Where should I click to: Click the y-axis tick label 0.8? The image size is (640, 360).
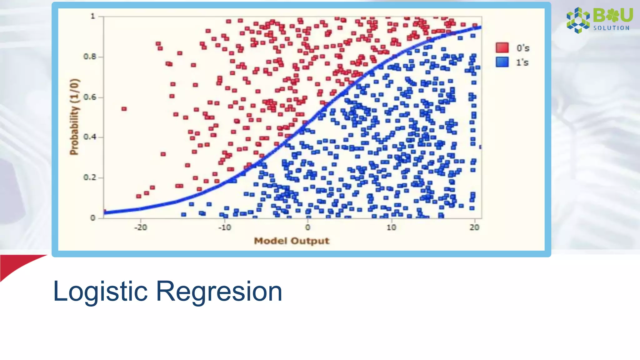[89, 57]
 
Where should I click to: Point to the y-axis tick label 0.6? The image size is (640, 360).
[89, 97]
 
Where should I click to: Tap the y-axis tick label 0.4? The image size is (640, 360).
[89, 137]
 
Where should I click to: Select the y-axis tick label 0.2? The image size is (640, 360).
[89, 177]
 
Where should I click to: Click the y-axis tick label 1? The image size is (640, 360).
[93, 16]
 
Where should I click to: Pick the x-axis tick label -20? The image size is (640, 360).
[141, 227]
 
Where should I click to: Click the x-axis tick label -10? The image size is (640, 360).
[224, 227]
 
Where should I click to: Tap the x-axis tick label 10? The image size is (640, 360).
[391, 227]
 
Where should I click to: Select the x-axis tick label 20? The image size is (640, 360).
[474, 227]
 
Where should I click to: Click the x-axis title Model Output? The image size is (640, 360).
[292, 241]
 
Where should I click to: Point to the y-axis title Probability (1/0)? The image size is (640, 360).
[74, 117]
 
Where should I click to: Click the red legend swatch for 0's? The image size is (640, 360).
[502, 48]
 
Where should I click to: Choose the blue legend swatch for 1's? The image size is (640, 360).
[502, 62]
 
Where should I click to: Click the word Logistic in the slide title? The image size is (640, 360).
[100, 292]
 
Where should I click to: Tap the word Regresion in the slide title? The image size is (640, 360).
[219, 292]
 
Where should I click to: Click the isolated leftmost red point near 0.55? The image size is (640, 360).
[124, 109]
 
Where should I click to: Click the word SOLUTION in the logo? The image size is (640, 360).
[611, 28]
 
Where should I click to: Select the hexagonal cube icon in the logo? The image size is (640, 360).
[578, 20]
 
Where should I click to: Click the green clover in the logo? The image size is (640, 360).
[612, 15]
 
